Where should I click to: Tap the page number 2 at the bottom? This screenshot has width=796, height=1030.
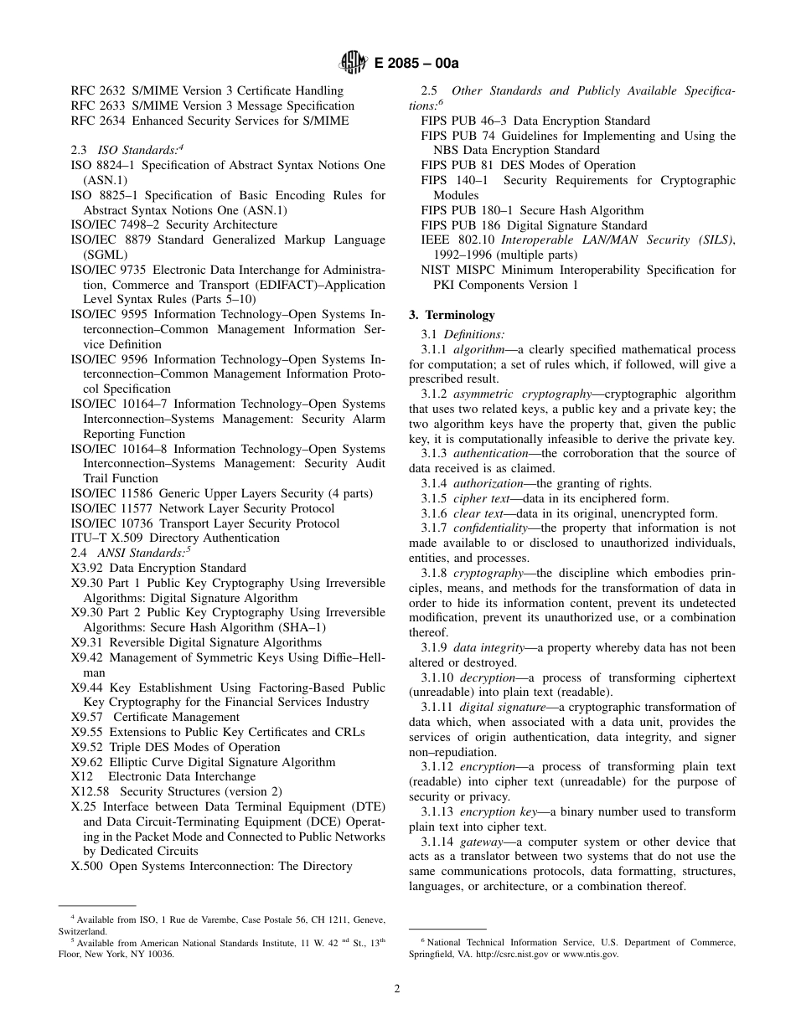pos(397,988)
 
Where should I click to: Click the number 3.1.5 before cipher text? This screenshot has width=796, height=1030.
pos(434,498)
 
